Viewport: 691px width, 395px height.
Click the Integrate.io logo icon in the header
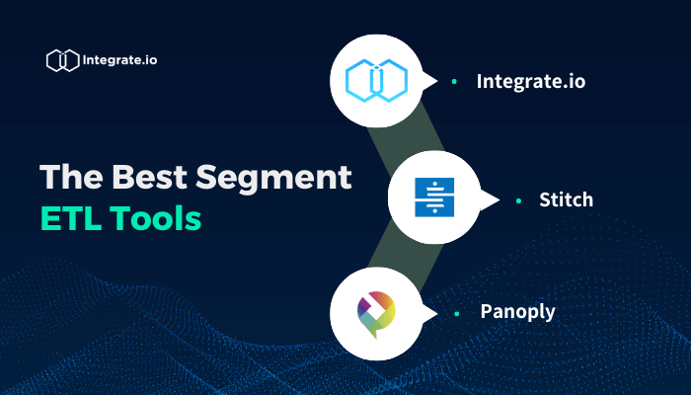click(62, 60)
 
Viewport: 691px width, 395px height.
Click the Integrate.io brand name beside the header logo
click(120, 59)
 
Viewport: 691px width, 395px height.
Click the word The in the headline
click(71, 179)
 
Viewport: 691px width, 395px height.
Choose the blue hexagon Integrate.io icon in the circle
click(377, 80)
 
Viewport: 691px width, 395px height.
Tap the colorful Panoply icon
click(377, 312)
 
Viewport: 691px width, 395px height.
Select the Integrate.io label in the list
click(530, 81)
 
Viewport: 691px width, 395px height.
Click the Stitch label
click(566, 199)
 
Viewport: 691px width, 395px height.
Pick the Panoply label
click(517, 312)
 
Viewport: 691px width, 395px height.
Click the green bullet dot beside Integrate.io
click(453, 81)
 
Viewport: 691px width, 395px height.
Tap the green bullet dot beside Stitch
click(518, 200)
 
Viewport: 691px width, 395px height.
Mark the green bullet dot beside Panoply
click(456, 313)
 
